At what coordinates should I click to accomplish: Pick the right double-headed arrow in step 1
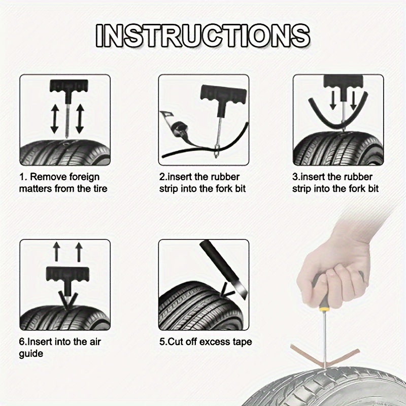pyautogui.click(x=79, y=119)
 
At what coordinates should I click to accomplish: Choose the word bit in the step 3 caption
pyautogui.click(x=370, y=189)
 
